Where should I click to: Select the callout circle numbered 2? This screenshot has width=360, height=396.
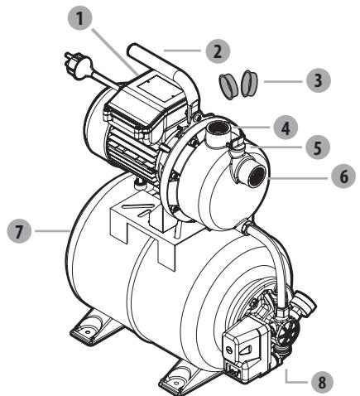tap(218, 50)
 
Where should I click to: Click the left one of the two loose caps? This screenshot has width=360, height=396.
tap(228, 84)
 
